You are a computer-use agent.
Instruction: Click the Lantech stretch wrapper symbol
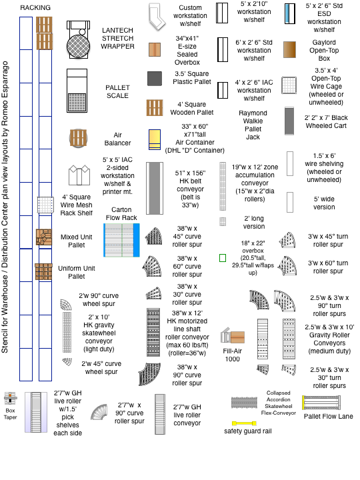(x=79, y=40)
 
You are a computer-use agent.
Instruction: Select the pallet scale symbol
(x=77, y=91)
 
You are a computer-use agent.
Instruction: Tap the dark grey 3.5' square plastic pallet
(x=155, y=79)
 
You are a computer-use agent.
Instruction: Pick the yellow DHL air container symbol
(x=155, y=139)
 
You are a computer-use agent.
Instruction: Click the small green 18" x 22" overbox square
(x=223, y=258)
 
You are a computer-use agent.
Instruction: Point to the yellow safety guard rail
(x=244, y=424)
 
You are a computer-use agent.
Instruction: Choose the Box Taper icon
(x=11, y=398)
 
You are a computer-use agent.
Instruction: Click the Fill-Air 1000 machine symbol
(x=233, y=336)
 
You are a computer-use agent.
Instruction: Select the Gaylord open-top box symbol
(x=289, y=49)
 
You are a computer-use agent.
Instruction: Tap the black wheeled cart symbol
(x=289, y=121)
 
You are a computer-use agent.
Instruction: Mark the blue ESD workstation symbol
(x=289, y=14)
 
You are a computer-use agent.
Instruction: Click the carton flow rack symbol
(x=121, y=240)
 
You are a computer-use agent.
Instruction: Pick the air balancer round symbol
(x=78, y=138)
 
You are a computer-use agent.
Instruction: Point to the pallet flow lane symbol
(x=321, y=403)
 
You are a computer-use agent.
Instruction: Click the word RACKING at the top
(x=35, y=7)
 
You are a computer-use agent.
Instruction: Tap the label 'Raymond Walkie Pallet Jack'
(x=253, y=125)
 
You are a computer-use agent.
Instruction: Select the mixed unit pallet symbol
(x=44, y=237)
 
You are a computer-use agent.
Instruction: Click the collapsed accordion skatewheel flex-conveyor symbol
(x=244, y=403)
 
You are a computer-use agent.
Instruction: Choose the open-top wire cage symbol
(x=289, y=85)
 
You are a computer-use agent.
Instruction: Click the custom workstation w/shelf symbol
(x=157, y=17)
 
